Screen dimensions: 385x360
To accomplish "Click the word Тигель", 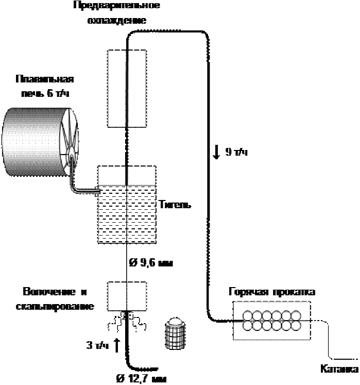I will click(x=175, y=205).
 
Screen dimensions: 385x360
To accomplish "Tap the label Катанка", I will click(x=339, y=370).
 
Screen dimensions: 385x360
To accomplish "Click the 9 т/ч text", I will click(x=237, y=152).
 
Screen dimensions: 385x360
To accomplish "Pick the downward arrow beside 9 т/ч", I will click(x=217, y=152).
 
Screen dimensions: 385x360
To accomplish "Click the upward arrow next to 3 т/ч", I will click(x=117, y=344).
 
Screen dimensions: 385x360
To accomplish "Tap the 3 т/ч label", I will click(x=98, y=344).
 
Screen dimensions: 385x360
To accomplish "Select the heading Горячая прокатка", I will click(x=272, y=292).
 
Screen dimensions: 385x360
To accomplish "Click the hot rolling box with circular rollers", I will click(x=272, y=321).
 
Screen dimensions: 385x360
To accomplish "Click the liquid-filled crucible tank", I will click(x=126, y=214).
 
